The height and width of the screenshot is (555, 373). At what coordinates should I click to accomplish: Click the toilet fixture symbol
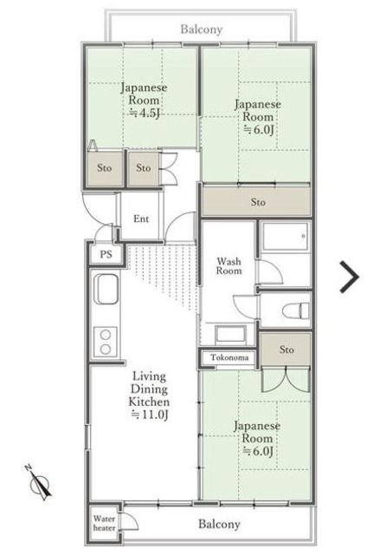tap(296, 310)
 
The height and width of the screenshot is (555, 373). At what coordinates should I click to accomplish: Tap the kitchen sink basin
tap(106, 289)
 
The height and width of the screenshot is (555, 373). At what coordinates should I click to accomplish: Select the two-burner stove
tap(106, 342)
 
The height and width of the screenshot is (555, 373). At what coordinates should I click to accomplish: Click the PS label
tap(106, 254)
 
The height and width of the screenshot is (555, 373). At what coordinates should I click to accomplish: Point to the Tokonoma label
tap(229, 357)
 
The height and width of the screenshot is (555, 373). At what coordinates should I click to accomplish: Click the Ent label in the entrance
tap(141, 219)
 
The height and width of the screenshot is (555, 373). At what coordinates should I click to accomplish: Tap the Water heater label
tap(104, 524)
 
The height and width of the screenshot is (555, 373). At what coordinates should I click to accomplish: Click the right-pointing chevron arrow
tap(350, 277)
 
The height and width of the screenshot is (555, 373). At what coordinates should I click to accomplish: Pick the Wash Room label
tap(228, 266)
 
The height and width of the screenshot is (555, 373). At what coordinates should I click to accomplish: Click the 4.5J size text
tap(145, 113)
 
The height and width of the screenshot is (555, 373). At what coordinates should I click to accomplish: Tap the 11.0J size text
tap(150, 415)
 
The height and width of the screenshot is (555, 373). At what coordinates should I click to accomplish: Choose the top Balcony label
tap(202, 29)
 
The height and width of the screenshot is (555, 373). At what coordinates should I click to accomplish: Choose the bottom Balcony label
tap(219, 524)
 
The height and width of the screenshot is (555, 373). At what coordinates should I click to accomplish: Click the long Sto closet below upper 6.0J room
tap(256, 201)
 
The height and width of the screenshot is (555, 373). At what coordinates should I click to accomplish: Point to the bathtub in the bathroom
tap(286, 236)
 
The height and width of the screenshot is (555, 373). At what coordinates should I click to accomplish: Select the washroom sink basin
tap(231, 335)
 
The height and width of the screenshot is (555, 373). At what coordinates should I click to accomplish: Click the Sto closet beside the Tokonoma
tap(286, 349)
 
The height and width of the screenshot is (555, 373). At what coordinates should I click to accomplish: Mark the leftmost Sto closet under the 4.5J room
tap(105, 168)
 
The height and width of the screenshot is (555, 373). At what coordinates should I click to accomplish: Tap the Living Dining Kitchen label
tap(149, 389)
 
